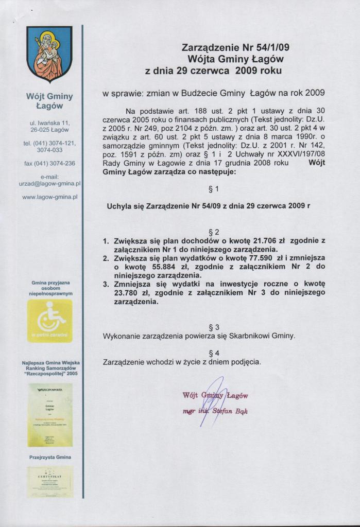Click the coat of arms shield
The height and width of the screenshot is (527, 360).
pyautogui.click(x=49, y=54)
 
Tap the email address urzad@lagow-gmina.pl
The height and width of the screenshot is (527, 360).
pyautogui.click(x=49, y=183)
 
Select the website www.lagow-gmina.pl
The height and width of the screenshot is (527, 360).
pyautogui.click(x=49, y=197)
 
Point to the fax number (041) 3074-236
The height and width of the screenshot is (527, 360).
pyautogui.click(x=49, y=163)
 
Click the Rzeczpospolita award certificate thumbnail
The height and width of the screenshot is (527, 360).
pyautogui.click(x=49, y=415)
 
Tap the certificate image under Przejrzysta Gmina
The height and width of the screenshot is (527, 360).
pyautogui.click(x=49, y=481)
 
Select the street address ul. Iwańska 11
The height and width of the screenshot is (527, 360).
pyautogui.click(x=49, y=123)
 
